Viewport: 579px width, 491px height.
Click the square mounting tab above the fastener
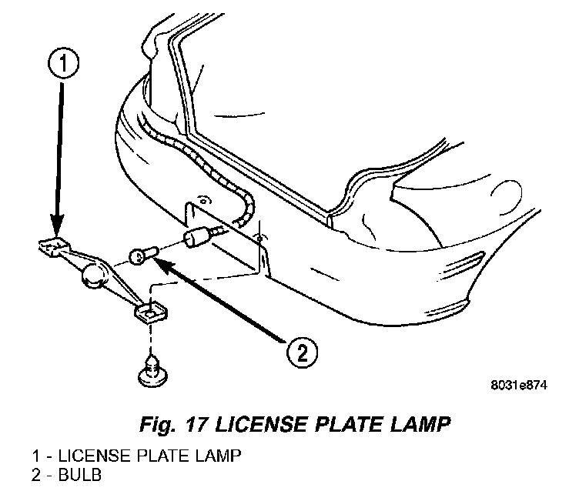[x=150, y=312]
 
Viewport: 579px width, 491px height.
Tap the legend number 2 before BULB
[x=36, y=473]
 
